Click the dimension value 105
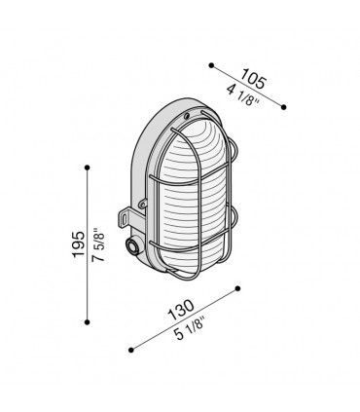[x=254, y=79]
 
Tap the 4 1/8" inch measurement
[x=243, y=94]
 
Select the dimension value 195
[x=79, y=244]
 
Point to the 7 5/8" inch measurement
[x=99, y=245]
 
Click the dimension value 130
[x=181, y=309]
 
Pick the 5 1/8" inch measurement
[x=188, y=328]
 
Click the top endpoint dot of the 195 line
[x=87, y=168]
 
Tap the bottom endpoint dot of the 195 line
[x=87, y=321]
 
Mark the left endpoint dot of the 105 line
[x=211, y=65]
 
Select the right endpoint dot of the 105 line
[x=283, y=107]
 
